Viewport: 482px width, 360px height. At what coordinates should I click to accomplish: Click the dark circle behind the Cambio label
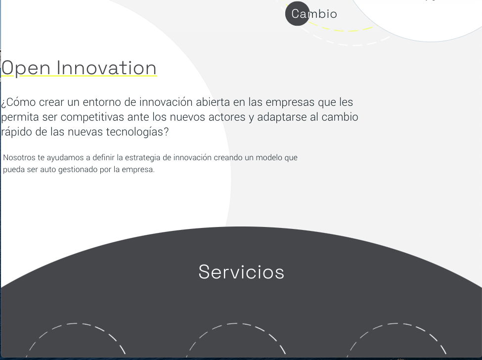pos(297,13)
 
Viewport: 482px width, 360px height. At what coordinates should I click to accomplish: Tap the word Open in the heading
pos(26,68)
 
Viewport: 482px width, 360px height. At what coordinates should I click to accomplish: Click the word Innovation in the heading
pos(107,68)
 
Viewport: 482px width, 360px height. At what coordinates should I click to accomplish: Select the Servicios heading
pos(241,272)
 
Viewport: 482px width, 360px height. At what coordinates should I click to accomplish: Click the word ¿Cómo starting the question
pos(18,102)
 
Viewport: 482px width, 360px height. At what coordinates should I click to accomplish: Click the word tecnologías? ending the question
pos(137,132)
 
